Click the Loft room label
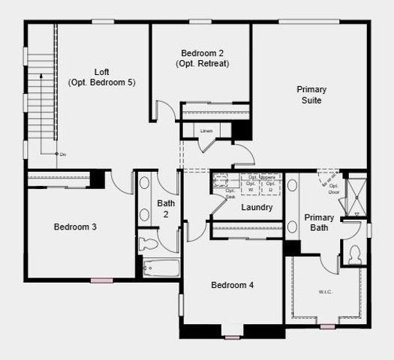[101, 72]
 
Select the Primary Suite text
[311, 94]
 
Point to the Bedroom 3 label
[74, 226]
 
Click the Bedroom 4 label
[232, 285]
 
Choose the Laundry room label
[257, 207]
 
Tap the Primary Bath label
[319, 223]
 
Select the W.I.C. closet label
[325, 291]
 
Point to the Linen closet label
[206, 130]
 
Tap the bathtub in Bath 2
[161, 267]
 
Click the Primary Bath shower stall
[357, 196]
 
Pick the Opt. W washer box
[251, 185]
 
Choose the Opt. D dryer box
[271, 185]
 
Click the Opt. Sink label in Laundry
[230, 193]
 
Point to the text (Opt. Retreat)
[203, 64]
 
